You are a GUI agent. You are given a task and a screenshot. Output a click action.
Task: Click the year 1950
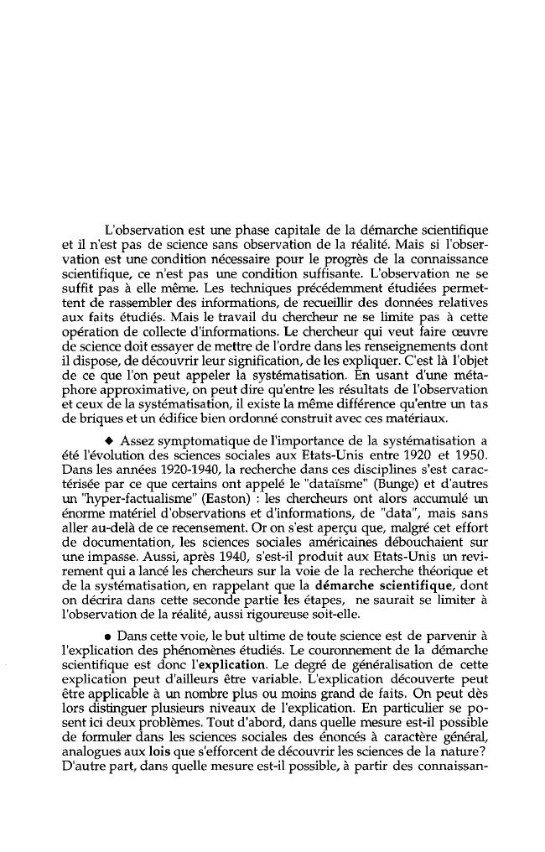pos(470,455)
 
